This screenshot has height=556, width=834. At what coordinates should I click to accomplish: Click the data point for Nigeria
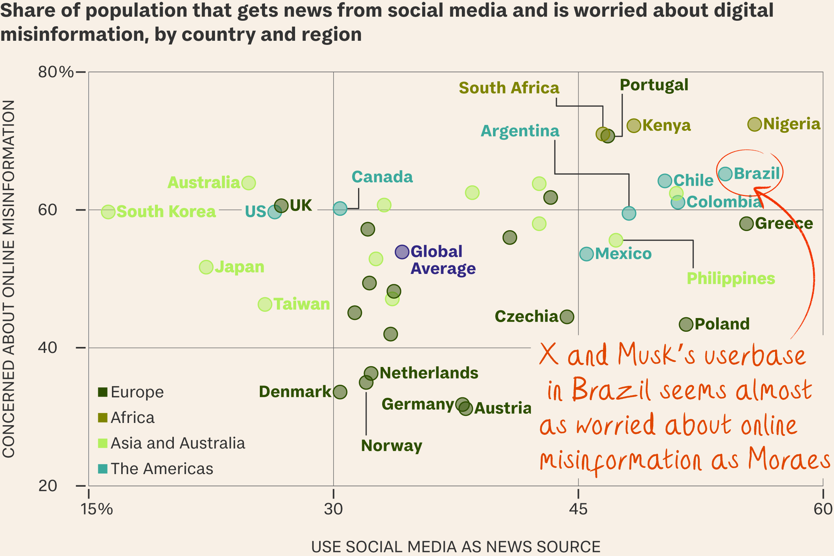(754, 124)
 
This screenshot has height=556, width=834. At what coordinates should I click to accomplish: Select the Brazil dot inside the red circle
(725, 173)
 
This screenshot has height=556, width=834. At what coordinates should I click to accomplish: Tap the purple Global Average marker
(402, 252)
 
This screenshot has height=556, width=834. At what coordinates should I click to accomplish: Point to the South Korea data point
(108, 212)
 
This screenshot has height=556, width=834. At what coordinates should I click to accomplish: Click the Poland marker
(686, 324)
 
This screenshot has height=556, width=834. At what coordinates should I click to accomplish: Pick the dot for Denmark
(340, 392)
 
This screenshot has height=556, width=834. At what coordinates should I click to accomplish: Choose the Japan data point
(206, 267)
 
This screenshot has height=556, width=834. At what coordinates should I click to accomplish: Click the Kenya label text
(666, 125)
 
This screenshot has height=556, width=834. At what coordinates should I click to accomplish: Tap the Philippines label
(731, 278)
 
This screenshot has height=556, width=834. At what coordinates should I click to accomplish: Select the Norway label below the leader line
(391, 446)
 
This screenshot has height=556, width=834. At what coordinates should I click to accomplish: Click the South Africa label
(509, 88)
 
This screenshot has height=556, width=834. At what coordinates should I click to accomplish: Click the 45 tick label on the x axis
(578, 509)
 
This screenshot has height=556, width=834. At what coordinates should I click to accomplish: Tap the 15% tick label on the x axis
(96, 509)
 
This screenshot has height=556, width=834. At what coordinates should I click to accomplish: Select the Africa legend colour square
(103, 418)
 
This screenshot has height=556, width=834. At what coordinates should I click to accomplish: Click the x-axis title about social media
(456, 547)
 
